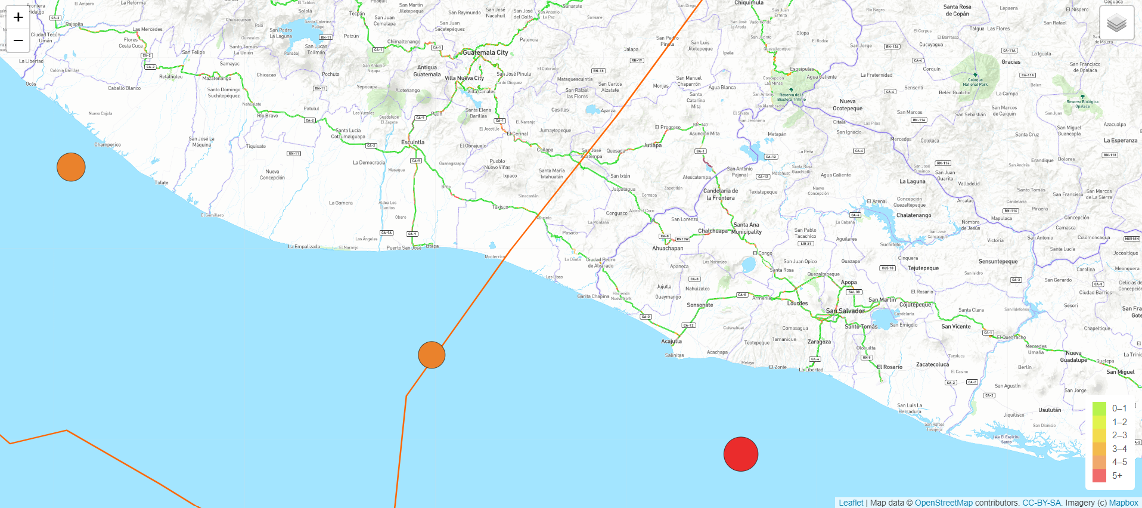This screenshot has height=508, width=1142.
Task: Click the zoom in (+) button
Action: pyautogui.click(x=18, y=17)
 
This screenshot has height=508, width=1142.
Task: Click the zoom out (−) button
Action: pyautogui.click(x=18, y=41)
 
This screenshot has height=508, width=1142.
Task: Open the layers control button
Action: pyautogui.click(x=1116, y=24)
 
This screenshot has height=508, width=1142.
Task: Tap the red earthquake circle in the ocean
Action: pyautogui.click(x=740, y=454)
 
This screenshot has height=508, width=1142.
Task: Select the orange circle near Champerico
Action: pyautogui.click(x=71, y=167)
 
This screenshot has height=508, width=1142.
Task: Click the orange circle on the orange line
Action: pyautogui.click(x=432, y=355)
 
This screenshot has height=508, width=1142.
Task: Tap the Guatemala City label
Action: pyautogui.click(x=485, y=52)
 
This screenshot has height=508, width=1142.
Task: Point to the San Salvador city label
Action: pyautogui.click(x=845, y=311)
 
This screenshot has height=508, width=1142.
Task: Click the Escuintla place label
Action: pyautogui.click(x=412, y=142)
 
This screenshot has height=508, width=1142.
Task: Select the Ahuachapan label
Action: pyautogui.click(x=668, y=248)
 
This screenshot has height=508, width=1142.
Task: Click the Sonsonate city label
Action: pyautogui.click(x=700, y=305)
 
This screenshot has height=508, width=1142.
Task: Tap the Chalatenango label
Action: pyautogui.click(x=914, y=215)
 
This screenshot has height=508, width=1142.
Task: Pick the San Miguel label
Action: pyautogui.click(x=1120, y=371)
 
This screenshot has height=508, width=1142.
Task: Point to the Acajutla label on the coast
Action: pyautogui.click(x=671, y=341)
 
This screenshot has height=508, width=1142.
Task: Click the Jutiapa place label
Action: pyautogui.click(x=652, y=145)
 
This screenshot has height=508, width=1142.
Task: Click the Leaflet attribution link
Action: pyautogui.click(x=851, y=503)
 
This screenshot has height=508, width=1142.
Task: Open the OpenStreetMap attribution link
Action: pyautogui.click(x=944, y=503)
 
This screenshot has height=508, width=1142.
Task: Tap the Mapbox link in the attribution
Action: pyautogui.click(x=1124, y=503)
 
